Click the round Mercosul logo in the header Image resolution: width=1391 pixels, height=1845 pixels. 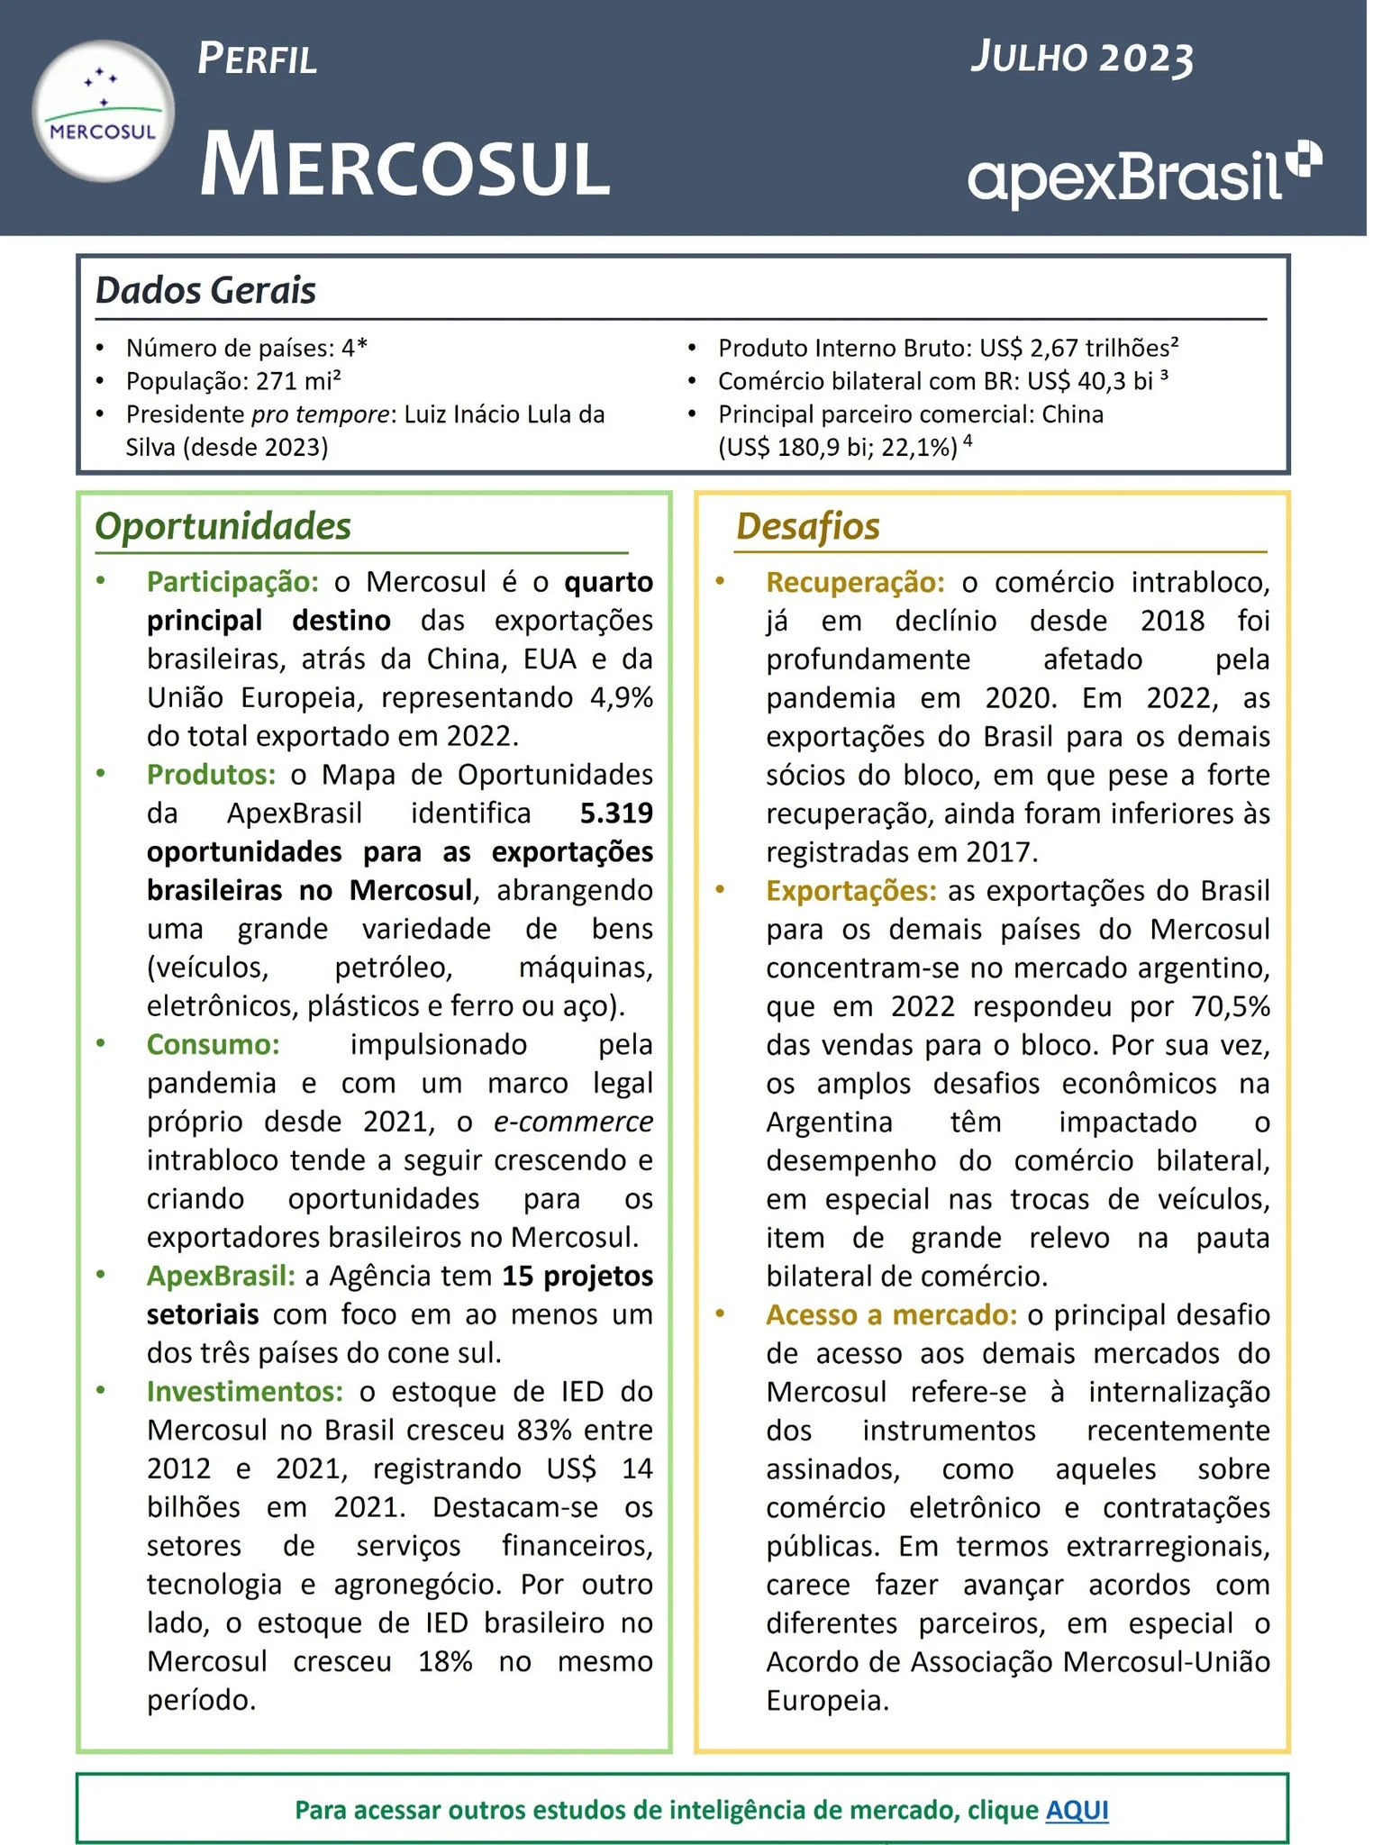pos(103,111)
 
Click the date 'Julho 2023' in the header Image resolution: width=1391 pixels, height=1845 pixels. pos(1081,58)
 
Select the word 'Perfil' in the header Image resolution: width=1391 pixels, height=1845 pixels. pos(257,59)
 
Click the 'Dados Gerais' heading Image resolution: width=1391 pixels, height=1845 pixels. pos(205,290)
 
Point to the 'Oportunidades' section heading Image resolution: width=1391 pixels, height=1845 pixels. pos(223,526)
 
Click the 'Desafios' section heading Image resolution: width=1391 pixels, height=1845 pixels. pos(807,526)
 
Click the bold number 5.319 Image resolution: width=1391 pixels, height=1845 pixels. pos(616,813)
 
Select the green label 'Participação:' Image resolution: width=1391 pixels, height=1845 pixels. pos(232,582)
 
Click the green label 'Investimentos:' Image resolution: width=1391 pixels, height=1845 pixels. pos(245,1391)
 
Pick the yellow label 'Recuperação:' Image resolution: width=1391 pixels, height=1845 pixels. pos(855,582)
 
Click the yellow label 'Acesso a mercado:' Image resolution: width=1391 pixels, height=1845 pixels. pos(891,1314)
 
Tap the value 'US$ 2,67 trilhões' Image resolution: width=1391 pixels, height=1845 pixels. pos(1074,348)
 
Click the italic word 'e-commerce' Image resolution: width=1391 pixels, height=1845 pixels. pos(573,1122)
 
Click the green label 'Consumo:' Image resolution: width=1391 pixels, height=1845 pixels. pos(214,1044)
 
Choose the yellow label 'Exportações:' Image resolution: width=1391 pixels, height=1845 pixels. pos(851,890)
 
